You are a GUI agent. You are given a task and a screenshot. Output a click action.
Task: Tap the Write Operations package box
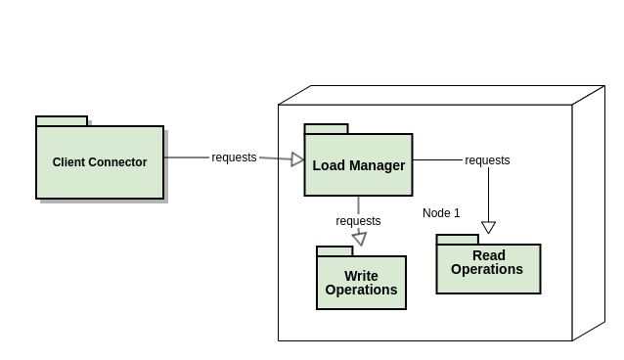point(361,293)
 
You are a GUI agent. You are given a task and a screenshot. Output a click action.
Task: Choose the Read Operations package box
point(488,280)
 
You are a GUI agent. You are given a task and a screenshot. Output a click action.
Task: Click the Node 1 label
point(441,213)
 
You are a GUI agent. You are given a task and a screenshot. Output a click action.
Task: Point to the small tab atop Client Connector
point(62,121)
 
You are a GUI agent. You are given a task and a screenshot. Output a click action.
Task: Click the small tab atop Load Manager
point(326,129)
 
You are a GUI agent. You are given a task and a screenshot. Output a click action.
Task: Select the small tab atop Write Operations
point(334,251)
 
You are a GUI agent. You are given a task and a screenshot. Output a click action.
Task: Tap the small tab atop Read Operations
point(457,240)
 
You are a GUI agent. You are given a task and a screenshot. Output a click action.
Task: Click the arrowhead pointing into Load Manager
point(298,158)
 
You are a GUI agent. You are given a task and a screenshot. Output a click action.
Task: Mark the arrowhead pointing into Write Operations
point(359,239)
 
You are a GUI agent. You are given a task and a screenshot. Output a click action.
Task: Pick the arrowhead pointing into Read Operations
point(488,228)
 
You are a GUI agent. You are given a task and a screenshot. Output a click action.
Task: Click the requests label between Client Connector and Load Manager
point(234,157)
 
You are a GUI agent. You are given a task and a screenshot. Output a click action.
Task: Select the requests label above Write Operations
point(358,221)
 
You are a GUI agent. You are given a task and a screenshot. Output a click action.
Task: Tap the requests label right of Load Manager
point(487,160)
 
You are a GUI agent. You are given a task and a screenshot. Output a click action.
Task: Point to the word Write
point(361,276)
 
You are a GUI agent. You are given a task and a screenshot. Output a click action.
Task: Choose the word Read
point(488,256)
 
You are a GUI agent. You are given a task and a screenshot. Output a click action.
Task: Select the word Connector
point(117,162)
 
